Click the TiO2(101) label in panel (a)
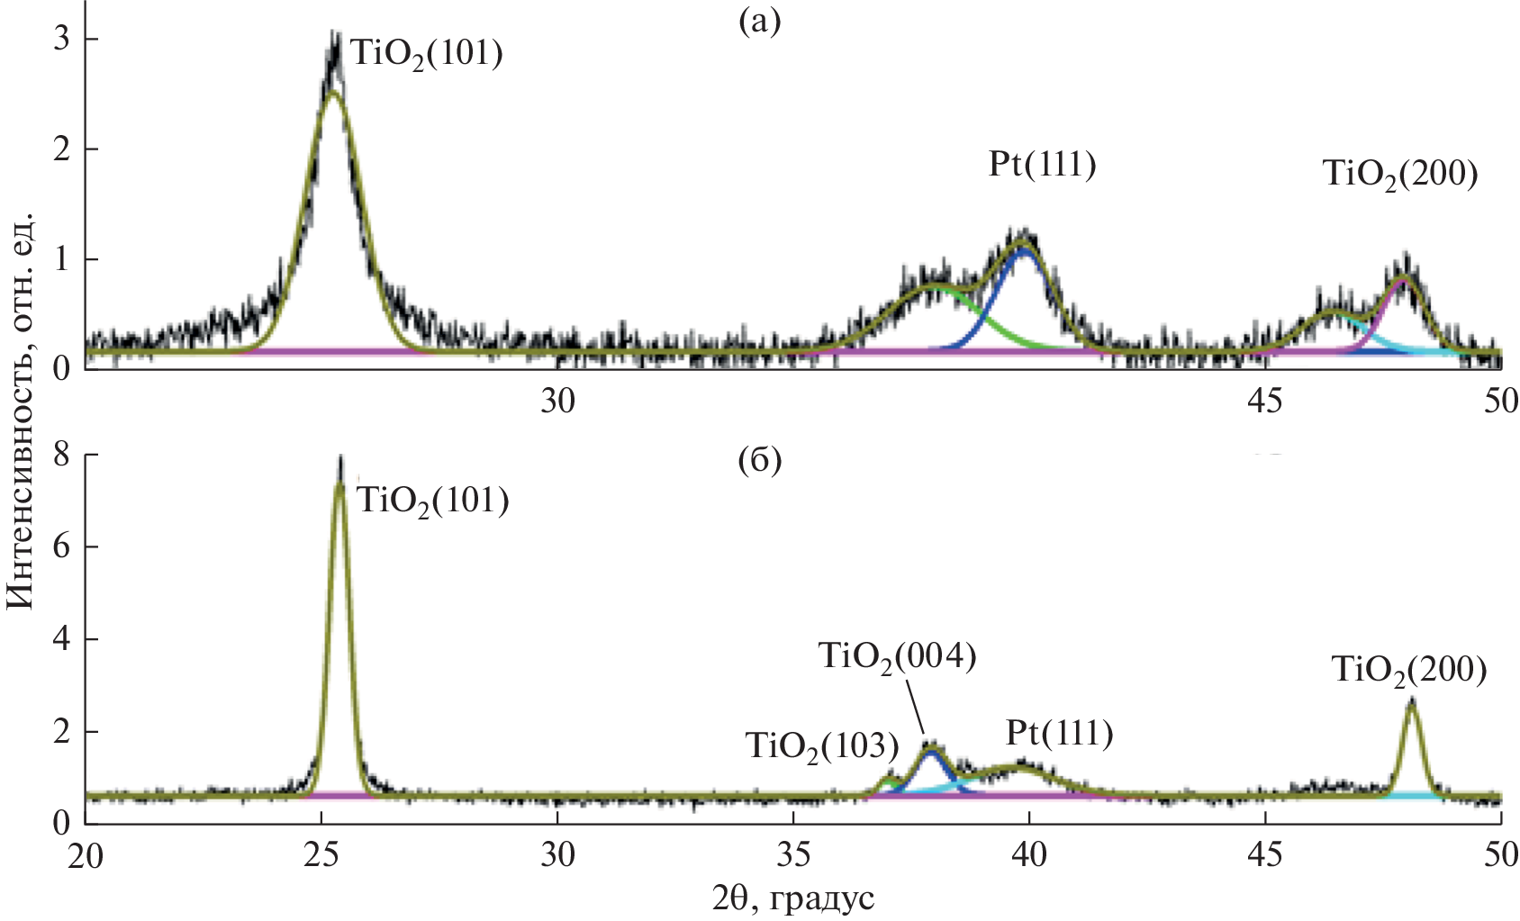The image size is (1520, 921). [x=426, y=54]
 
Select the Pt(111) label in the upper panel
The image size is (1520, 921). [x=1042, y=165]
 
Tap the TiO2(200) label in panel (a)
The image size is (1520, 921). [x=1400, y=175]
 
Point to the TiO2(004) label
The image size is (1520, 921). [x=897, y=657]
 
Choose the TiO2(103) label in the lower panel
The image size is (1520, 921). [x=822, y=746]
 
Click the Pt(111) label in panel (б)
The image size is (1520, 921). [x=1059, y=734]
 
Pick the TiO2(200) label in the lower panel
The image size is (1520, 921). [x=1408, y=671]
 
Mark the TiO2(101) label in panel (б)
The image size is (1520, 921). [x=433, y=501]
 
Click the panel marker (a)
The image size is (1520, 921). [x=758, y=22]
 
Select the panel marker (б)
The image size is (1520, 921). [x=758, y=461]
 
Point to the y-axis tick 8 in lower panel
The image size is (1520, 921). [x=60, y=456]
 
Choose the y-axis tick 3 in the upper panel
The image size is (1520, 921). [x=60, y=40]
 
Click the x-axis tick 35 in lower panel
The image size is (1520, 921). [x=793, y=854]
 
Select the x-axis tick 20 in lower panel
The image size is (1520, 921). [x=86, y=854]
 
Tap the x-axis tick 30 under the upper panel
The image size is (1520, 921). [x=557, y=401]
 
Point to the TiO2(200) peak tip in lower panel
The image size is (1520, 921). [x=1411, y=700]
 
